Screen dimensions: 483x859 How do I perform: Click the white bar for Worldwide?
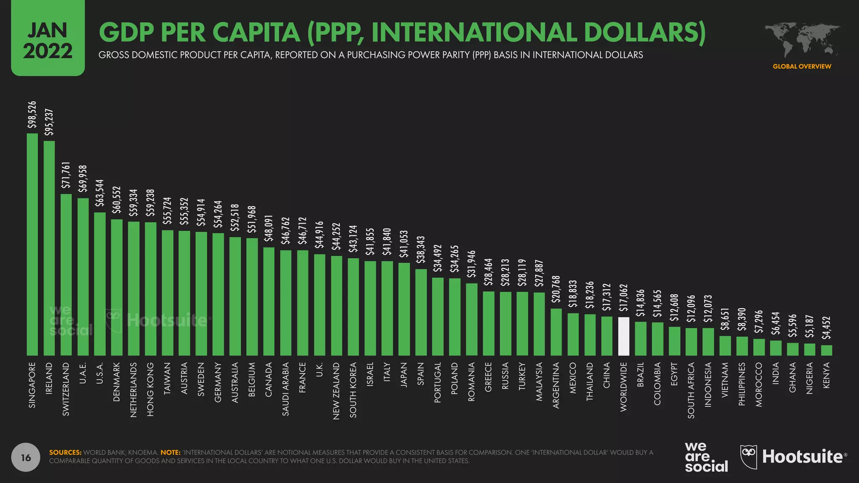point(624,336)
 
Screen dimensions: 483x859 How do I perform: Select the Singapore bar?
point(32,244)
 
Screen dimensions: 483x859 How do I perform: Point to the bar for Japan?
point(404,309)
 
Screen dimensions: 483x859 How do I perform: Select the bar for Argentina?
point(556,332)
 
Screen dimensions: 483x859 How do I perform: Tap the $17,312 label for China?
point(607,297)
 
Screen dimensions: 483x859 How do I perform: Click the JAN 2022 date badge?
point(48,39)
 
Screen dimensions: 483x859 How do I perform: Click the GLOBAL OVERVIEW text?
point(802,66)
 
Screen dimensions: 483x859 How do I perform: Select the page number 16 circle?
point(26,457)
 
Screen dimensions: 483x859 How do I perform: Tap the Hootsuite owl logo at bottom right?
point(749,457)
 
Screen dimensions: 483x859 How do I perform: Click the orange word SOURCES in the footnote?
point(65,452)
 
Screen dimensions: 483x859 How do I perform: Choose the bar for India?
point(776,348)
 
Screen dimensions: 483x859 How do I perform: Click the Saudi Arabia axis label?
point(286,390)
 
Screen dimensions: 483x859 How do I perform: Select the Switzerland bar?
point(66,275)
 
